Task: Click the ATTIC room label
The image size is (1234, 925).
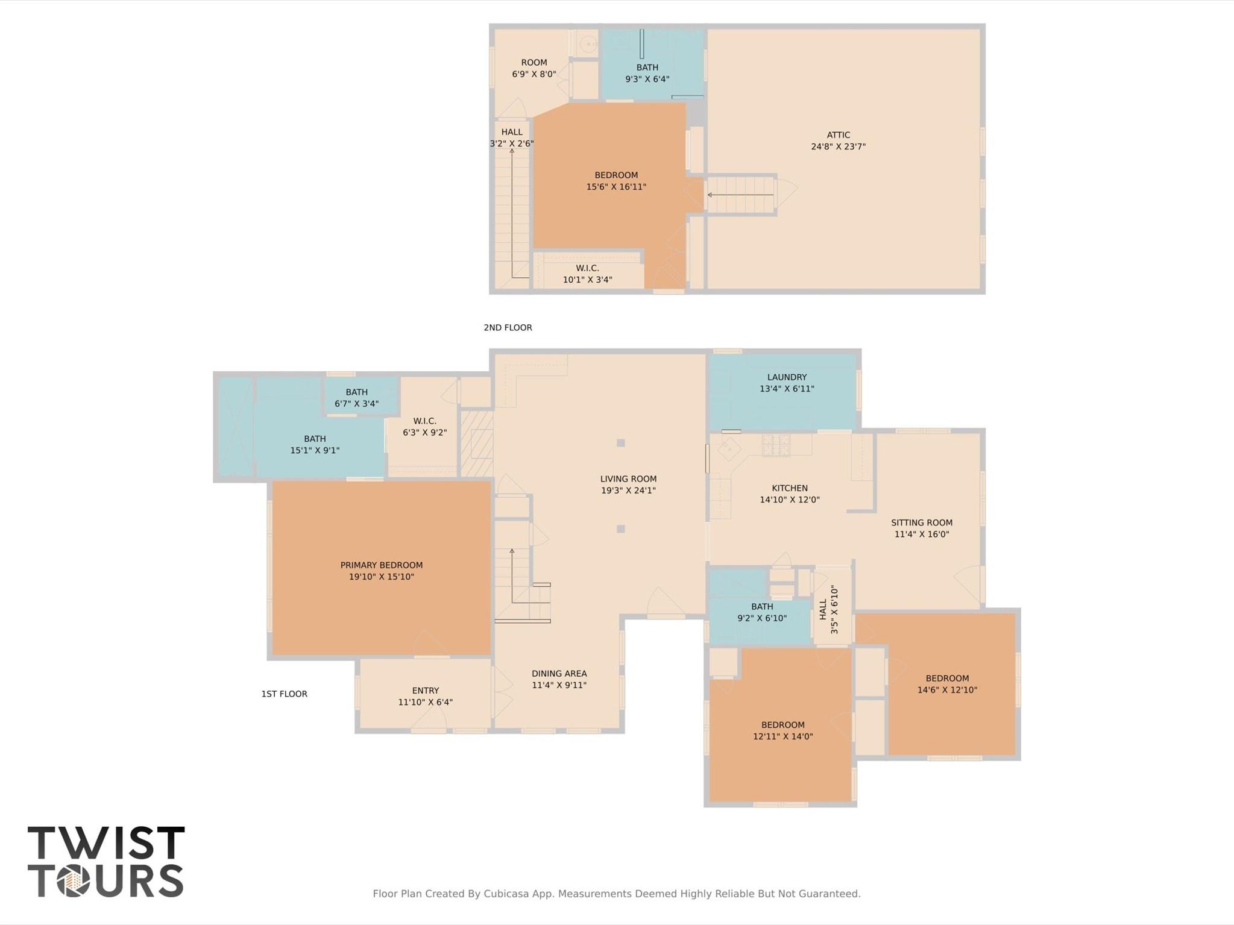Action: point(838,135)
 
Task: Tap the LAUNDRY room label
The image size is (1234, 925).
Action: point(787,377)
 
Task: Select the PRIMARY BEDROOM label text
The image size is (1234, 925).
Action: point(381,565)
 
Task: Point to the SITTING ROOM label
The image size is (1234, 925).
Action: point(922,522)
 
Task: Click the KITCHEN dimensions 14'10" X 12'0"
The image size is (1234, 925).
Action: point(790,500)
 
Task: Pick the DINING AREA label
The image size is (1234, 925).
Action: point(559,674)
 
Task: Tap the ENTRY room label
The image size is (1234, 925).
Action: point(425,691)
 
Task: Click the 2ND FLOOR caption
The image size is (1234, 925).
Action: point(508,328)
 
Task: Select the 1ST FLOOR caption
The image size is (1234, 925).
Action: point(284,694)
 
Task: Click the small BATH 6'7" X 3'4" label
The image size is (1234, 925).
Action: point(356,398)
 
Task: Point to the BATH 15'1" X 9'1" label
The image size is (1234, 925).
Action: point(315,445)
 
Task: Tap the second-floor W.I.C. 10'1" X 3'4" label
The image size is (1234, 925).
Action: point(587,274)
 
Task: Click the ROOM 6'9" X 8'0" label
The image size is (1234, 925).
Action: point(534,68)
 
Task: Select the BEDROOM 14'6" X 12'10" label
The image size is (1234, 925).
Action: point(947,684)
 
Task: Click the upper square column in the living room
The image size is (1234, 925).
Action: point(621,443)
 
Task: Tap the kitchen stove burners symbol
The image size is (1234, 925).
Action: point(776,445)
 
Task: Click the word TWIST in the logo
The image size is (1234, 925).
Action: point(106,843)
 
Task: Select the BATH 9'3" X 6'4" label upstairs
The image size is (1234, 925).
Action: point(647,73)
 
